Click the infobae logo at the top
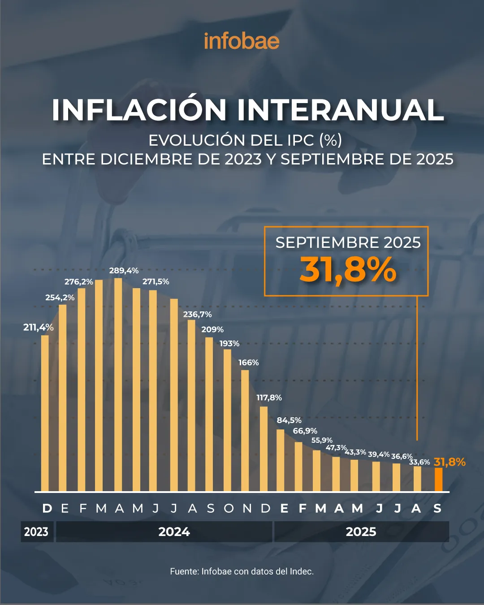pyautogui.click(x=242, y=41)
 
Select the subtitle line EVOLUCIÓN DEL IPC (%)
pyautogui.click(x=245, y=140)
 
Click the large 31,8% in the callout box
pyautogui.click(x=348, y=270)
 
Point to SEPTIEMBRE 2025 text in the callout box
pyautogui.click(x=348, y=242)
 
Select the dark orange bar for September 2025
pyautogui.click(x=438, y=480)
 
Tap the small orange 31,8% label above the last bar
pyautogui.click(x=449, y=462)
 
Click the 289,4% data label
pyautogui.click(x=124, y=271)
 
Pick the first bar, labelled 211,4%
pyautogui.click(x=45, y=412)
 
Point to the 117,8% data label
pyautogui.click(x=269, y=398)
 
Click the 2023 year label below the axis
pyautogui.click(x=36, y=532)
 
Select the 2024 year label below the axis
pyautogui.click(x=174, y=532)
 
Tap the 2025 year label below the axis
pyautogui.click(x=361, y=532)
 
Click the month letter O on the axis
pyautogui.click(x=229, y=509)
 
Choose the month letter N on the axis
pyautogui.click(x=247, y=509)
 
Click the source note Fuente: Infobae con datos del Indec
pyautogui.click(x=242, y=571)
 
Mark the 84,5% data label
pyautogui.click(x=289, y=420)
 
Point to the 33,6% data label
pyautogui.click(x=419, y=462)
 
